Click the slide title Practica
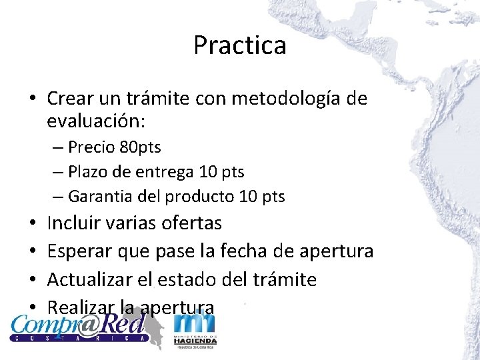(x=240, y=45)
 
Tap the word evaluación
(x=96, y=122)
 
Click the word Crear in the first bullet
(x=69, y=99)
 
